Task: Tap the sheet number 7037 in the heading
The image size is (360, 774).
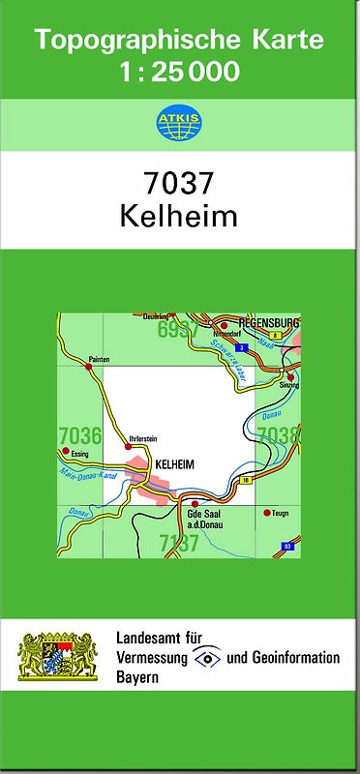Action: (178, 182)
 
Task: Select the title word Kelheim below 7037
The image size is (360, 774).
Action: (178, 216)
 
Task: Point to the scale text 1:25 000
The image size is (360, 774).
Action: (180, 73)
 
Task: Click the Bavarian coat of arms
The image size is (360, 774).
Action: (59, 656)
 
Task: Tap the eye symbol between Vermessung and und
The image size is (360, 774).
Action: (205, 658)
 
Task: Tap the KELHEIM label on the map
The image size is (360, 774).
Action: (174, 465)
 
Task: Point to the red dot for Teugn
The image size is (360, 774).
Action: (268, 514)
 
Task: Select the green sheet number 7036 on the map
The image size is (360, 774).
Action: (80, 434)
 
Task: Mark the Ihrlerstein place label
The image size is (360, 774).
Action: (142, 439)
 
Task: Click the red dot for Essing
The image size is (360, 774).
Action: (65, 451)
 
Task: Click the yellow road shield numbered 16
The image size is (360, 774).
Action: (248, 480)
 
